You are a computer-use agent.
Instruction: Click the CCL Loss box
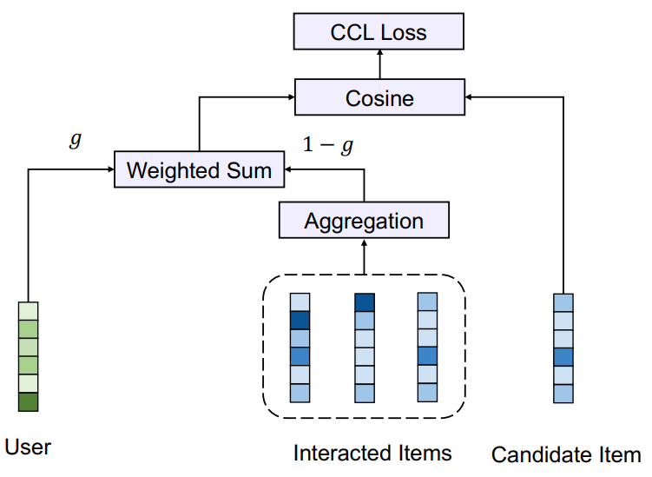(x=379, y=31)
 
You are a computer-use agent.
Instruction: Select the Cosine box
(x=379, y=97)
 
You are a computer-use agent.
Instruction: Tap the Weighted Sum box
(x=199, y=169)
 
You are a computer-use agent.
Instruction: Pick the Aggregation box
(x=364, y=220)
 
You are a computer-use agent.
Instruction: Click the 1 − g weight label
(x=328, y=145)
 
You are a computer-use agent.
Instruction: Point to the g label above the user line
(x=76, y=139)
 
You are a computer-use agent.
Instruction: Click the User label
(x=28, y=447)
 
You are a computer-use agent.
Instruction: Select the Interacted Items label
(x=372, y=453)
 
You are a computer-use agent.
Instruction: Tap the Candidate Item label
(x=566, y=454)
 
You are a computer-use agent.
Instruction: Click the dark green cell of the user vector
(x=29, y=402)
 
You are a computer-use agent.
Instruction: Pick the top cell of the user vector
(x=29, y=311)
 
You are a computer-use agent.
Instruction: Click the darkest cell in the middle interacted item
(x=365, y=302)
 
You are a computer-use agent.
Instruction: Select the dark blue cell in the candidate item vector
(x=563, y=357)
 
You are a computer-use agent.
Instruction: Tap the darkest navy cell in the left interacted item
(x=300, y=321)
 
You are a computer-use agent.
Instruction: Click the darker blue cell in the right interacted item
(x=427, y=356)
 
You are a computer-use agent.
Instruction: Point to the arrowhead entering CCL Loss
(x=379, y=53)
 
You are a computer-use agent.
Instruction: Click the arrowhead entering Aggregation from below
(x=365, y=242)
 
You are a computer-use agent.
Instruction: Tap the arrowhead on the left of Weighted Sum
(x=110, y=169)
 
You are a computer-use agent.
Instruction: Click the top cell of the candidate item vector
(x=563, y=302)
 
